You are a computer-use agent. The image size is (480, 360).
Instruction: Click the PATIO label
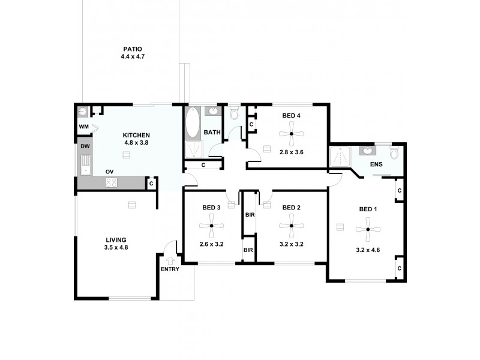click(x=133, y=49)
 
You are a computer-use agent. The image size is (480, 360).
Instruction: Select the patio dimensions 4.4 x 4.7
click(x=133, y=56)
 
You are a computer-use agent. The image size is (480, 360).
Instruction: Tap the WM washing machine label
click(x=83, y=127)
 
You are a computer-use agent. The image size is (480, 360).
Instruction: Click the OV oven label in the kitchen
click(x=110, y=172)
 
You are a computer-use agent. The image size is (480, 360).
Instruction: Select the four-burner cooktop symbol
click(x=111, y=184)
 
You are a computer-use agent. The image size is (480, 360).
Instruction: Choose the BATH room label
click(x=212, y=132)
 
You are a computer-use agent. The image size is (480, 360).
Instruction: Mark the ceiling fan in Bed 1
click(x=367, y=228)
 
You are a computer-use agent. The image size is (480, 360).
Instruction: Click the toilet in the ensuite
click(x=394, y=154)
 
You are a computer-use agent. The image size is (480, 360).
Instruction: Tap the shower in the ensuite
click(x=339, y=157)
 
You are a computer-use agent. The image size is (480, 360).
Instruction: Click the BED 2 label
click(x=291, y=208)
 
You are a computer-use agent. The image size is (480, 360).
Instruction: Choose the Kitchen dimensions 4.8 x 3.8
click(x=136, y=143)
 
